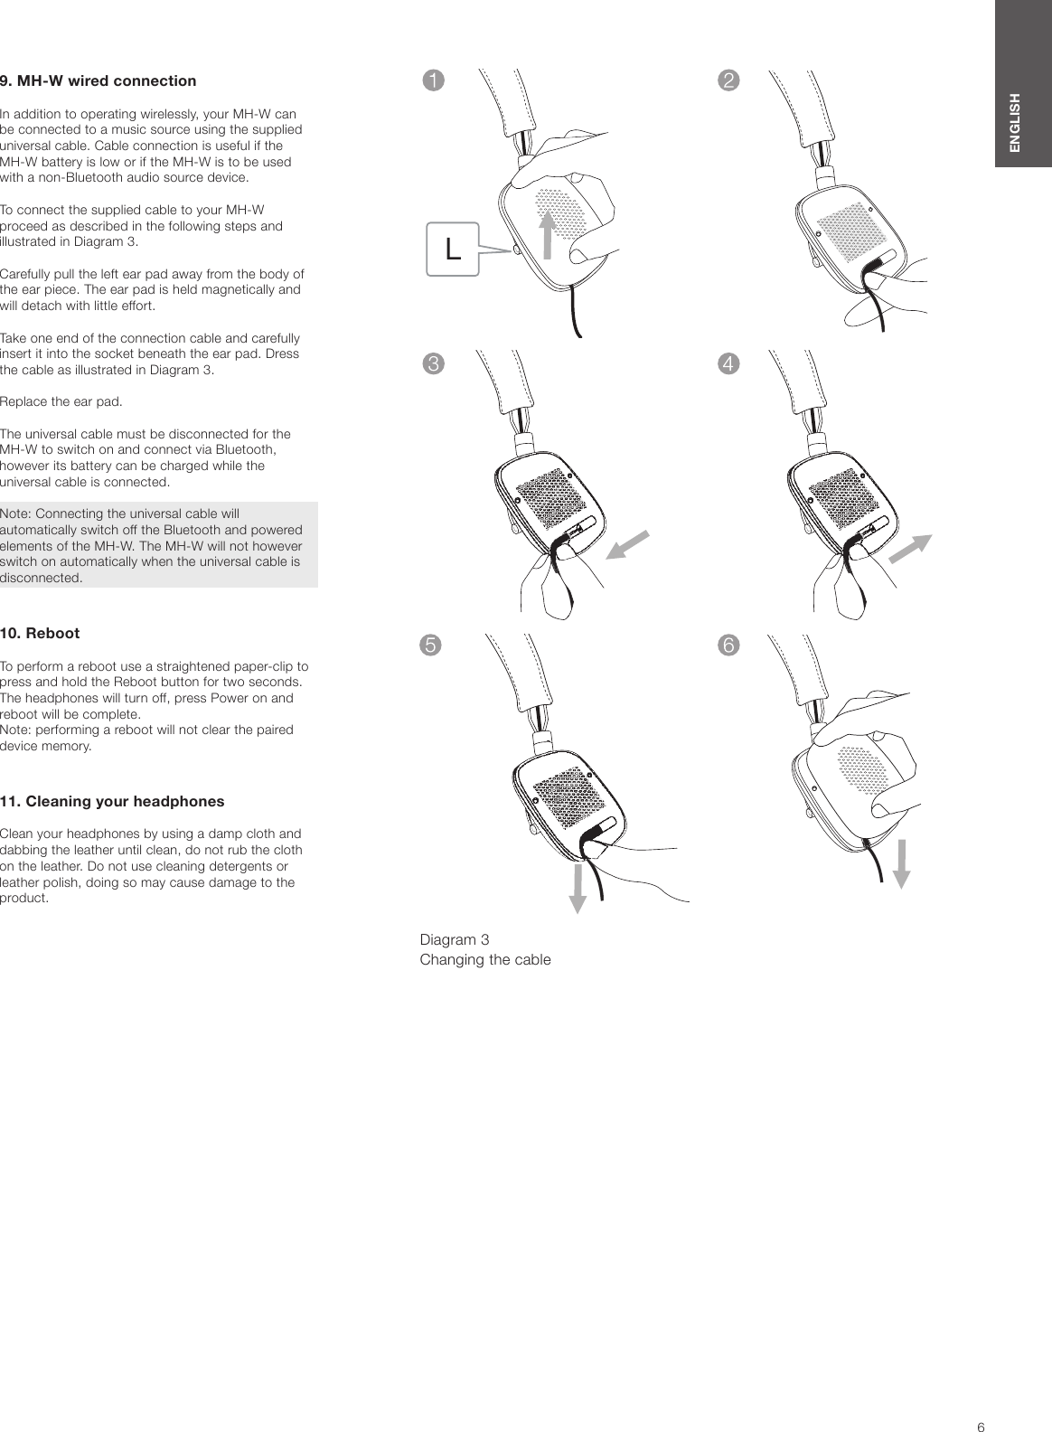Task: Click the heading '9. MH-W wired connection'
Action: tap(98, 81)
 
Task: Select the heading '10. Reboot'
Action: tap(40, 634)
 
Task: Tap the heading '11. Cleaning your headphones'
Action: tap(112, 802)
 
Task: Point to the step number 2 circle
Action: tap(727, 80)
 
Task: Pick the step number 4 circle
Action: tap(727, 363)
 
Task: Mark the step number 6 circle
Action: tap(727, 645)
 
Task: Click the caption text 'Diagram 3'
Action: tap(455, 941)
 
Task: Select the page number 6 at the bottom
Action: tap(981, 1402)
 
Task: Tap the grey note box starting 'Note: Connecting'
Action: tap(158, 545)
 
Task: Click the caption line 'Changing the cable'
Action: tap(485, 959)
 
